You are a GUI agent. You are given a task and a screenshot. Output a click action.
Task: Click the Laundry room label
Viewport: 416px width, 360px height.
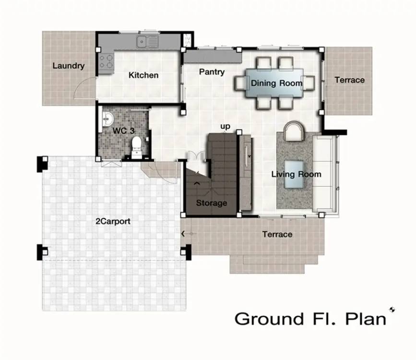69,66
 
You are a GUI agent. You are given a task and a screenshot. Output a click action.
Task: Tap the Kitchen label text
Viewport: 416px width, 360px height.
143,75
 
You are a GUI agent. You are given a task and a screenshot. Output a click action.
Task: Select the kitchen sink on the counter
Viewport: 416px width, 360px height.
147,42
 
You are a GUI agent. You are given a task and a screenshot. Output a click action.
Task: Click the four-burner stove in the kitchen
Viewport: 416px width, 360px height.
106,61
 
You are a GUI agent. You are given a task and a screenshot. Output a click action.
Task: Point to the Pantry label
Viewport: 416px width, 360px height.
212,72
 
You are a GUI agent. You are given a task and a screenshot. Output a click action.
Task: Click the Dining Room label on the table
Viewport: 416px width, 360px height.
276,83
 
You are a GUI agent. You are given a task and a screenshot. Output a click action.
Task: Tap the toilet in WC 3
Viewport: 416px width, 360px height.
137,147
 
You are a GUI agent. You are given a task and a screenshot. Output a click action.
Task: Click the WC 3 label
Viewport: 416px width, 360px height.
123,131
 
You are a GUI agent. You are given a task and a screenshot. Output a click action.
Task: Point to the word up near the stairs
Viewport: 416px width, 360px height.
225,127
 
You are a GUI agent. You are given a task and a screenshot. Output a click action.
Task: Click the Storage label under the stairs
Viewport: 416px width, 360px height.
212,203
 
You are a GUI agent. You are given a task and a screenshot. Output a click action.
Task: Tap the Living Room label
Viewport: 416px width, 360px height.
296,174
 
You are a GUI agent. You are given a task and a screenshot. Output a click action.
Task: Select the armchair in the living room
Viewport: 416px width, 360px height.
294,131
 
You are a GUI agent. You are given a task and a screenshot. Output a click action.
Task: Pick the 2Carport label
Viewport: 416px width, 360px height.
113,221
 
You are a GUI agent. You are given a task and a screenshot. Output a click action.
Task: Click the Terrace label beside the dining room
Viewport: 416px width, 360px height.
349,80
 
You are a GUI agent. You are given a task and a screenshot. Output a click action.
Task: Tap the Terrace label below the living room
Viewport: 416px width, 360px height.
277,234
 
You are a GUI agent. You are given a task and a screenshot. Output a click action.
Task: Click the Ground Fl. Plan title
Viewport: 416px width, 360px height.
310,319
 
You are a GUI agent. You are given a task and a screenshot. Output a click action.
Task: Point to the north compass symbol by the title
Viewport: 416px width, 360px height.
392,309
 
